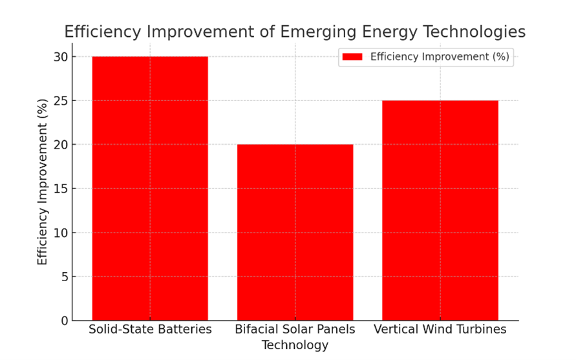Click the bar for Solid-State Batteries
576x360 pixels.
coord(150,188)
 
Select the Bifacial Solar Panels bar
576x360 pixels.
coord(295,232)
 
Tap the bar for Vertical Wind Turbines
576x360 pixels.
coord(440,210)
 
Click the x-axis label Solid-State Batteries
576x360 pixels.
coord(150,330)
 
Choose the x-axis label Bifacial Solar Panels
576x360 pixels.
coord(295,330)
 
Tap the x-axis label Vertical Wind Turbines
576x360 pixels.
coord(440,330)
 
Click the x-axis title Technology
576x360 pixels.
coord(295,345)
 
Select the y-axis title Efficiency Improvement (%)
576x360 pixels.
coord(43,182)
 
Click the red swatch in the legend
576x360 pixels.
coord(352,57)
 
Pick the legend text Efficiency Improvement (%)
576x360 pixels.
coord(440,57)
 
